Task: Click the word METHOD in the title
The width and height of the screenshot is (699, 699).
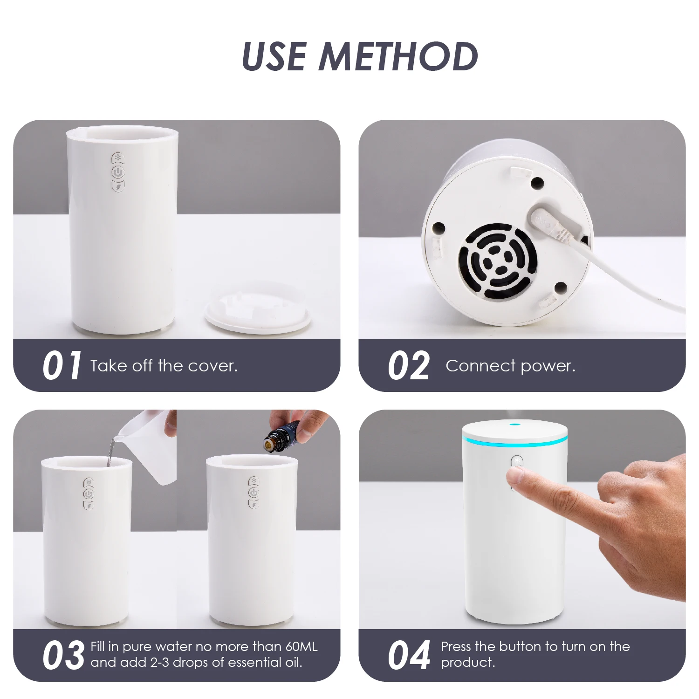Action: [399, 56]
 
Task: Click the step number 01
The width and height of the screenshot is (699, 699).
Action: [62, 366]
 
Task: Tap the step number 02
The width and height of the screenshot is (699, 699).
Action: [409, 366]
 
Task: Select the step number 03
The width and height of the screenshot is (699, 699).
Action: [63, 656]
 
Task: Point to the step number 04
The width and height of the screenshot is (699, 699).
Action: [409, 656]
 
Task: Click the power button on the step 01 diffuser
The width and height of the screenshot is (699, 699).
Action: [118, 172]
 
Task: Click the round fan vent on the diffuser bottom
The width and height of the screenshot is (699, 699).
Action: [498, 261]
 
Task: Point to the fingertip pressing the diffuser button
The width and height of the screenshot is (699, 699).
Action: [515, 476]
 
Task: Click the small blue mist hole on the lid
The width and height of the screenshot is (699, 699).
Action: [515, 424]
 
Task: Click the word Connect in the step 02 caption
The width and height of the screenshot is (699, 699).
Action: [480, 366]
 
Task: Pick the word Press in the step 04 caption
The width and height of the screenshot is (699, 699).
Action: [456, 647]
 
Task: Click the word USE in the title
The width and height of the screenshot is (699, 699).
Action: [275, 56]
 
